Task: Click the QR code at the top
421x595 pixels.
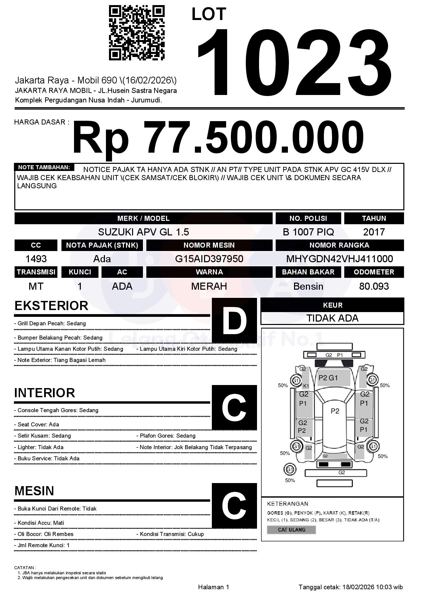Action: [136, 33]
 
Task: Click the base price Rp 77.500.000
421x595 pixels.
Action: [218, 138]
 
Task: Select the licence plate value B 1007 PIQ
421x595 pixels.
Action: [308, 232]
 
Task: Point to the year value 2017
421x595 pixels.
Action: [374, 232]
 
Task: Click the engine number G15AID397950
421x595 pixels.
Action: [209, 259]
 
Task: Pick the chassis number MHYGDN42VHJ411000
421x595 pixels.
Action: [340, 259]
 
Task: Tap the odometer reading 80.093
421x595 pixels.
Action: [374, 286]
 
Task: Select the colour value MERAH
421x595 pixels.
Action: [209, 286]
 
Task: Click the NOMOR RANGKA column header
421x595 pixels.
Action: [340, 245]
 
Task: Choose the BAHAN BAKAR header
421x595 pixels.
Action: [308, 272]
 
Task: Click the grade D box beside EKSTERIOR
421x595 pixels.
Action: [234, 320]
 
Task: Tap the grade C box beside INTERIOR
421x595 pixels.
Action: [234, 407]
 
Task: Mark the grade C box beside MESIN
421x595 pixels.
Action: [234, 505]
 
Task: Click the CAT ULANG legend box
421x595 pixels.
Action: [291, 530]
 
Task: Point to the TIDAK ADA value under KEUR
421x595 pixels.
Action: [332, 318]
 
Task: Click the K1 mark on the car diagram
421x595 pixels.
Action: [306, 386]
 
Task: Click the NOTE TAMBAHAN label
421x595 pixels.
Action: [44, 167]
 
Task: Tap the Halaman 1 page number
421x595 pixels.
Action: [214, 587]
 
